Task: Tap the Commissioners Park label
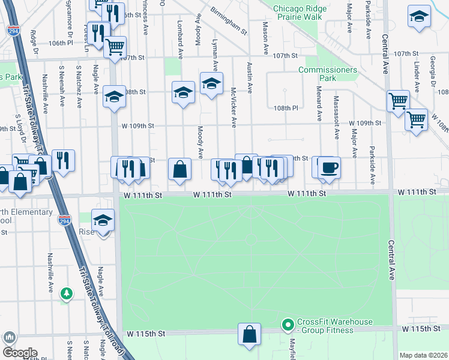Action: (328, 74)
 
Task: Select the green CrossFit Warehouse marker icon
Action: (288, 325)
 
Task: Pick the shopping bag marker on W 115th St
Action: (249, 334)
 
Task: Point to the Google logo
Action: (19, 352)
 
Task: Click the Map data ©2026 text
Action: (423, 355)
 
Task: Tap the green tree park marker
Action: (67, 293)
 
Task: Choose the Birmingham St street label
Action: (229, 21)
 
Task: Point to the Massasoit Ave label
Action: (337, 115)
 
